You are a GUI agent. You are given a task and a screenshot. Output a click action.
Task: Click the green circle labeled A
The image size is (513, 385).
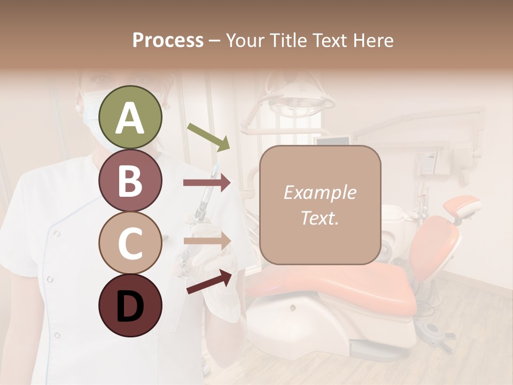[x=130, y=118]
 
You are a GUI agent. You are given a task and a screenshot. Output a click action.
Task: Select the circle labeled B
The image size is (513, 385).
[x=130, y=180]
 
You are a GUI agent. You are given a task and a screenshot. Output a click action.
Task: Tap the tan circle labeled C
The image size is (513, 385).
[x=130, y=243]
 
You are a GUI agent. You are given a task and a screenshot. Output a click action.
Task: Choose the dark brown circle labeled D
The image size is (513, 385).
[x=130, y=305]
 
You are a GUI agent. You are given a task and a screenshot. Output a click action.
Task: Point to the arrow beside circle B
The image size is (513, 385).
[x=206, y=183]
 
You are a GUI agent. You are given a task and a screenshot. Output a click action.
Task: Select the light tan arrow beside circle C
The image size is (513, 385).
[x=206, y=241]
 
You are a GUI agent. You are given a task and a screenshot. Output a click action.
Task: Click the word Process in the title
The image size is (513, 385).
[x=168, y=41]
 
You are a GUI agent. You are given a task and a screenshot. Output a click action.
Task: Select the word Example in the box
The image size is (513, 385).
[x=320, y=192]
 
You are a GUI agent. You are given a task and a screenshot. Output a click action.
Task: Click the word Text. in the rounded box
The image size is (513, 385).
[x=320, y=218]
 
